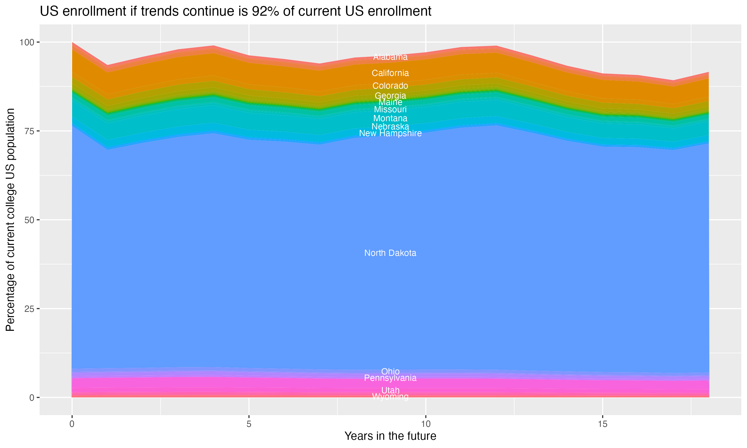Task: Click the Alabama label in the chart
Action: [x=390, y=57]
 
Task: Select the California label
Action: [x=390, y=73]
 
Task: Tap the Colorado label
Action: [x=390, y=86]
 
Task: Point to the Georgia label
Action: [x=390, y=96]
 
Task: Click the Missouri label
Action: [x=390, y=109]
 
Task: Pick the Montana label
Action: [x=390, y=118]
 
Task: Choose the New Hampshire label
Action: [x=390, y=133]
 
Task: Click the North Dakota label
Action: [x=390, y=253]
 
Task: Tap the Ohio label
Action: [x=390, y=371]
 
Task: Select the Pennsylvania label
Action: [x=390, y=378]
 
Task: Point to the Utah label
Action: [x=390, y=390]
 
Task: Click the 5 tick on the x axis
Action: [x=249, y=424]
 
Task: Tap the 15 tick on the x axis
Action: [x=602, y=424]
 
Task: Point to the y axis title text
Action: [x=10, y=220]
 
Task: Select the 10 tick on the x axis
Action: [x=426, y=424]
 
